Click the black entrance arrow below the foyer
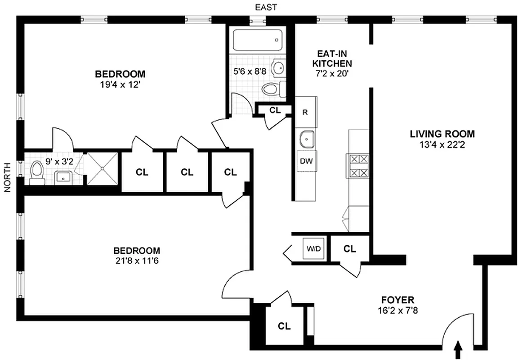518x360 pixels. [x=458, y=348]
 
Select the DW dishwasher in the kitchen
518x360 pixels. [x=307, y=162]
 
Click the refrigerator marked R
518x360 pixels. [x=305, y=112]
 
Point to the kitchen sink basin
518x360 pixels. [x=307, y=139]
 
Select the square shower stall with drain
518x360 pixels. [x=103, y=168]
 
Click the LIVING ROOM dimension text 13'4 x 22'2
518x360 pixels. [x=442, y=144]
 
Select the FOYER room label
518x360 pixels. [x=397, y=300]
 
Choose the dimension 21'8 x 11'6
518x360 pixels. [x=137, y=260]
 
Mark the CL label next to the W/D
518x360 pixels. [x=349, y=248]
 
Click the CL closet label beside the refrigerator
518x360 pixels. [x=275, y=109]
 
